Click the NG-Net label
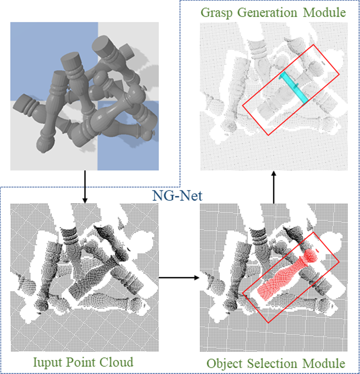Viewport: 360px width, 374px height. (172, 195)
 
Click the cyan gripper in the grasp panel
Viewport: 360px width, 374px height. (294, 88)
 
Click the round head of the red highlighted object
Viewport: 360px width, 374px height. (311, 255)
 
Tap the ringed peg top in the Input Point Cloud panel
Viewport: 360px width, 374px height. (69, 234)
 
